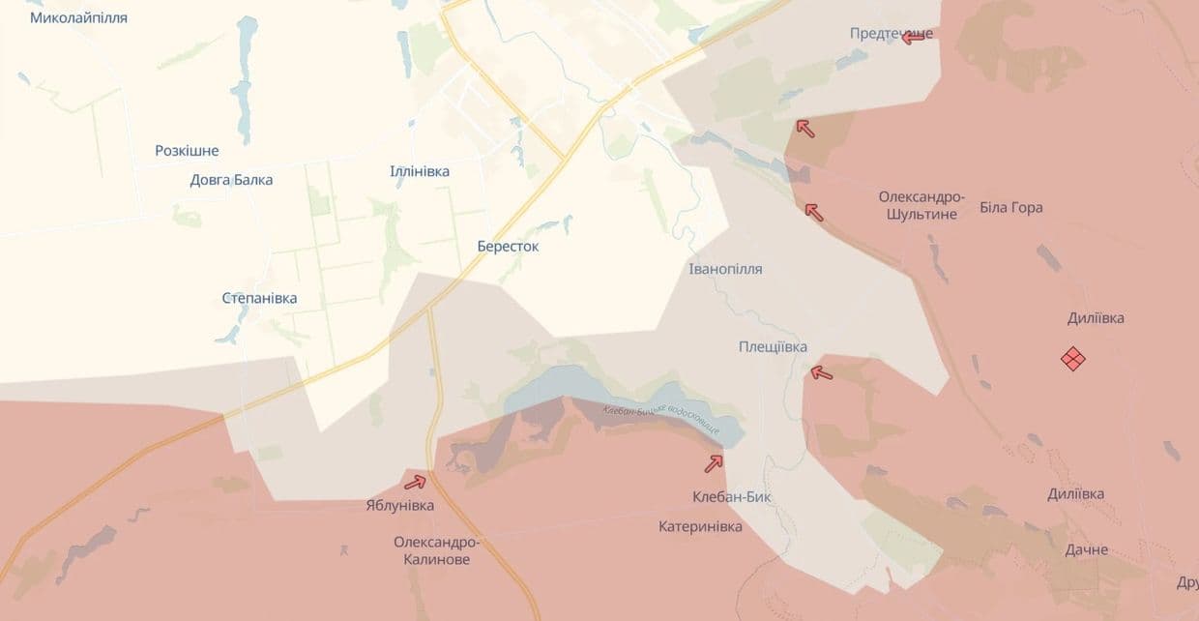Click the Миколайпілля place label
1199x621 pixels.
[78, 17]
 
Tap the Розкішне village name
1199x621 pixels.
[187, 151]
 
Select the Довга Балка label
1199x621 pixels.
[231, 179]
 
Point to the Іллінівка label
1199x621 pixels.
[420, 171]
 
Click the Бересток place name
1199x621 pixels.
[508, 246]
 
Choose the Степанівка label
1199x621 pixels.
[259, 298]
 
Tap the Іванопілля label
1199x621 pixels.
[725, 269]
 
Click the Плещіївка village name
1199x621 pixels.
[773, 346]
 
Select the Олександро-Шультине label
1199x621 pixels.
[918, 205]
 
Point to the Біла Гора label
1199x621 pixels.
[1011, 207]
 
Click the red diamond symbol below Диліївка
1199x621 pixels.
[1073, 359]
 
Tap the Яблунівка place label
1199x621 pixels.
[400, 505]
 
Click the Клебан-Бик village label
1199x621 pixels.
[732, 497]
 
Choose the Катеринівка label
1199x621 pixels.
[700, 526]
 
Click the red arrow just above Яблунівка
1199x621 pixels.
[415, 482]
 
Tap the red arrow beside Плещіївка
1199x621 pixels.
[821, 372]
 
